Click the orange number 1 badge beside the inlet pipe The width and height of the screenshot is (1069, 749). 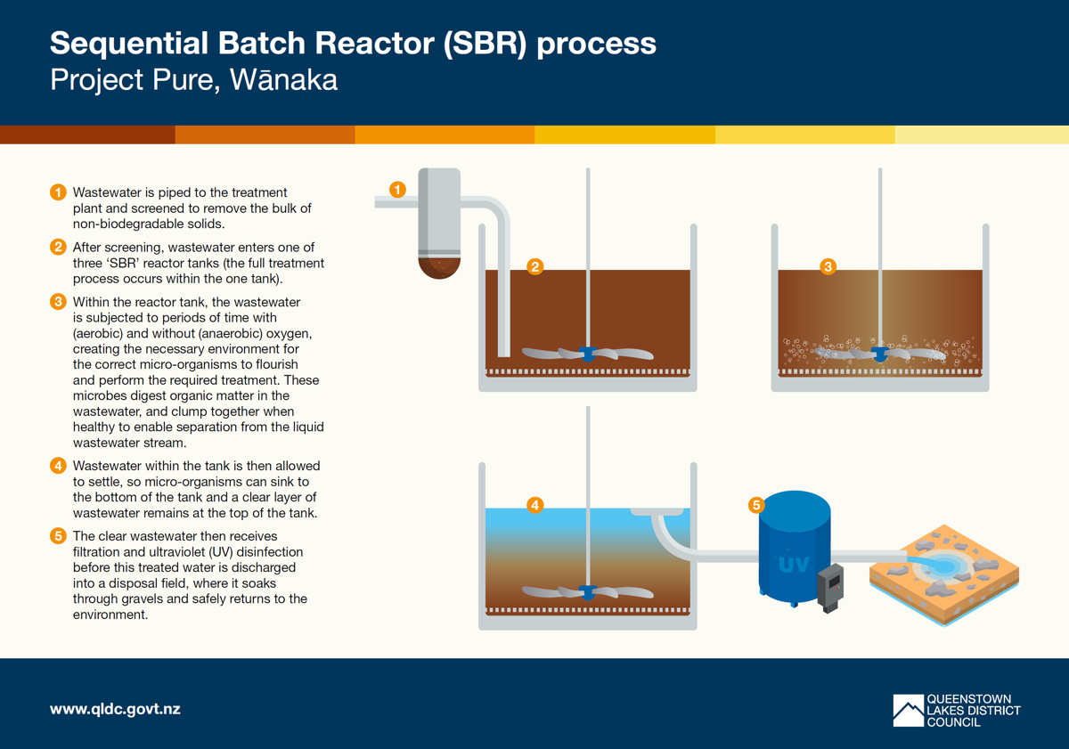[398, 190]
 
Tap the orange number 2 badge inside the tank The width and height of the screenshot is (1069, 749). [534, 266]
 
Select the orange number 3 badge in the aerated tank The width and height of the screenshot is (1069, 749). [828, 266]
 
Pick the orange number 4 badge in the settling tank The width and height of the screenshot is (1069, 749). [534, 505]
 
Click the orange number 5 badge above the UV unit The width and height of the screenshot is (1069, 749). [756, 505]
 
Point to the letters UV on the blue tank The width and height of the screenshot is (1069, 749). [794, 565]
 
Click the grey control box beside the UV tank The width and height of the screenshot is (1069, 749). [830, 587]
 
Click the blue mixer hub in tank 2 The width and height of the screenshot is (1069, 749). [587, 352]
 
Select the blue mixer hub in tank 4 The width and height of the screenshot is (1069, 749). [587, 590]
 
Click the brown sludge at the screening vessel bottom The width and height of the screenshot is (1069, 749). [439, 266]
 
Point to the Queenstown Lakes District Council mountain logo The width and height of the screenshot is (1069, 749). [908, 710]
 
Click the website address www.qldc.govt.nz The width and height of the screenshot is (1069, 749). [115, 710]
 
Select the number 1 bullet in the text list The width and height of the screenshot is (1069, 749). [58, 192]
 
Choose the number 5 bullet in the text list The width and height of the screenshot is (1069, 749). [58, 536]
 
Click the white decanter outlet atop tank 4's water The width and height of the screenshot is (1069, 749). [657, 512]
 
